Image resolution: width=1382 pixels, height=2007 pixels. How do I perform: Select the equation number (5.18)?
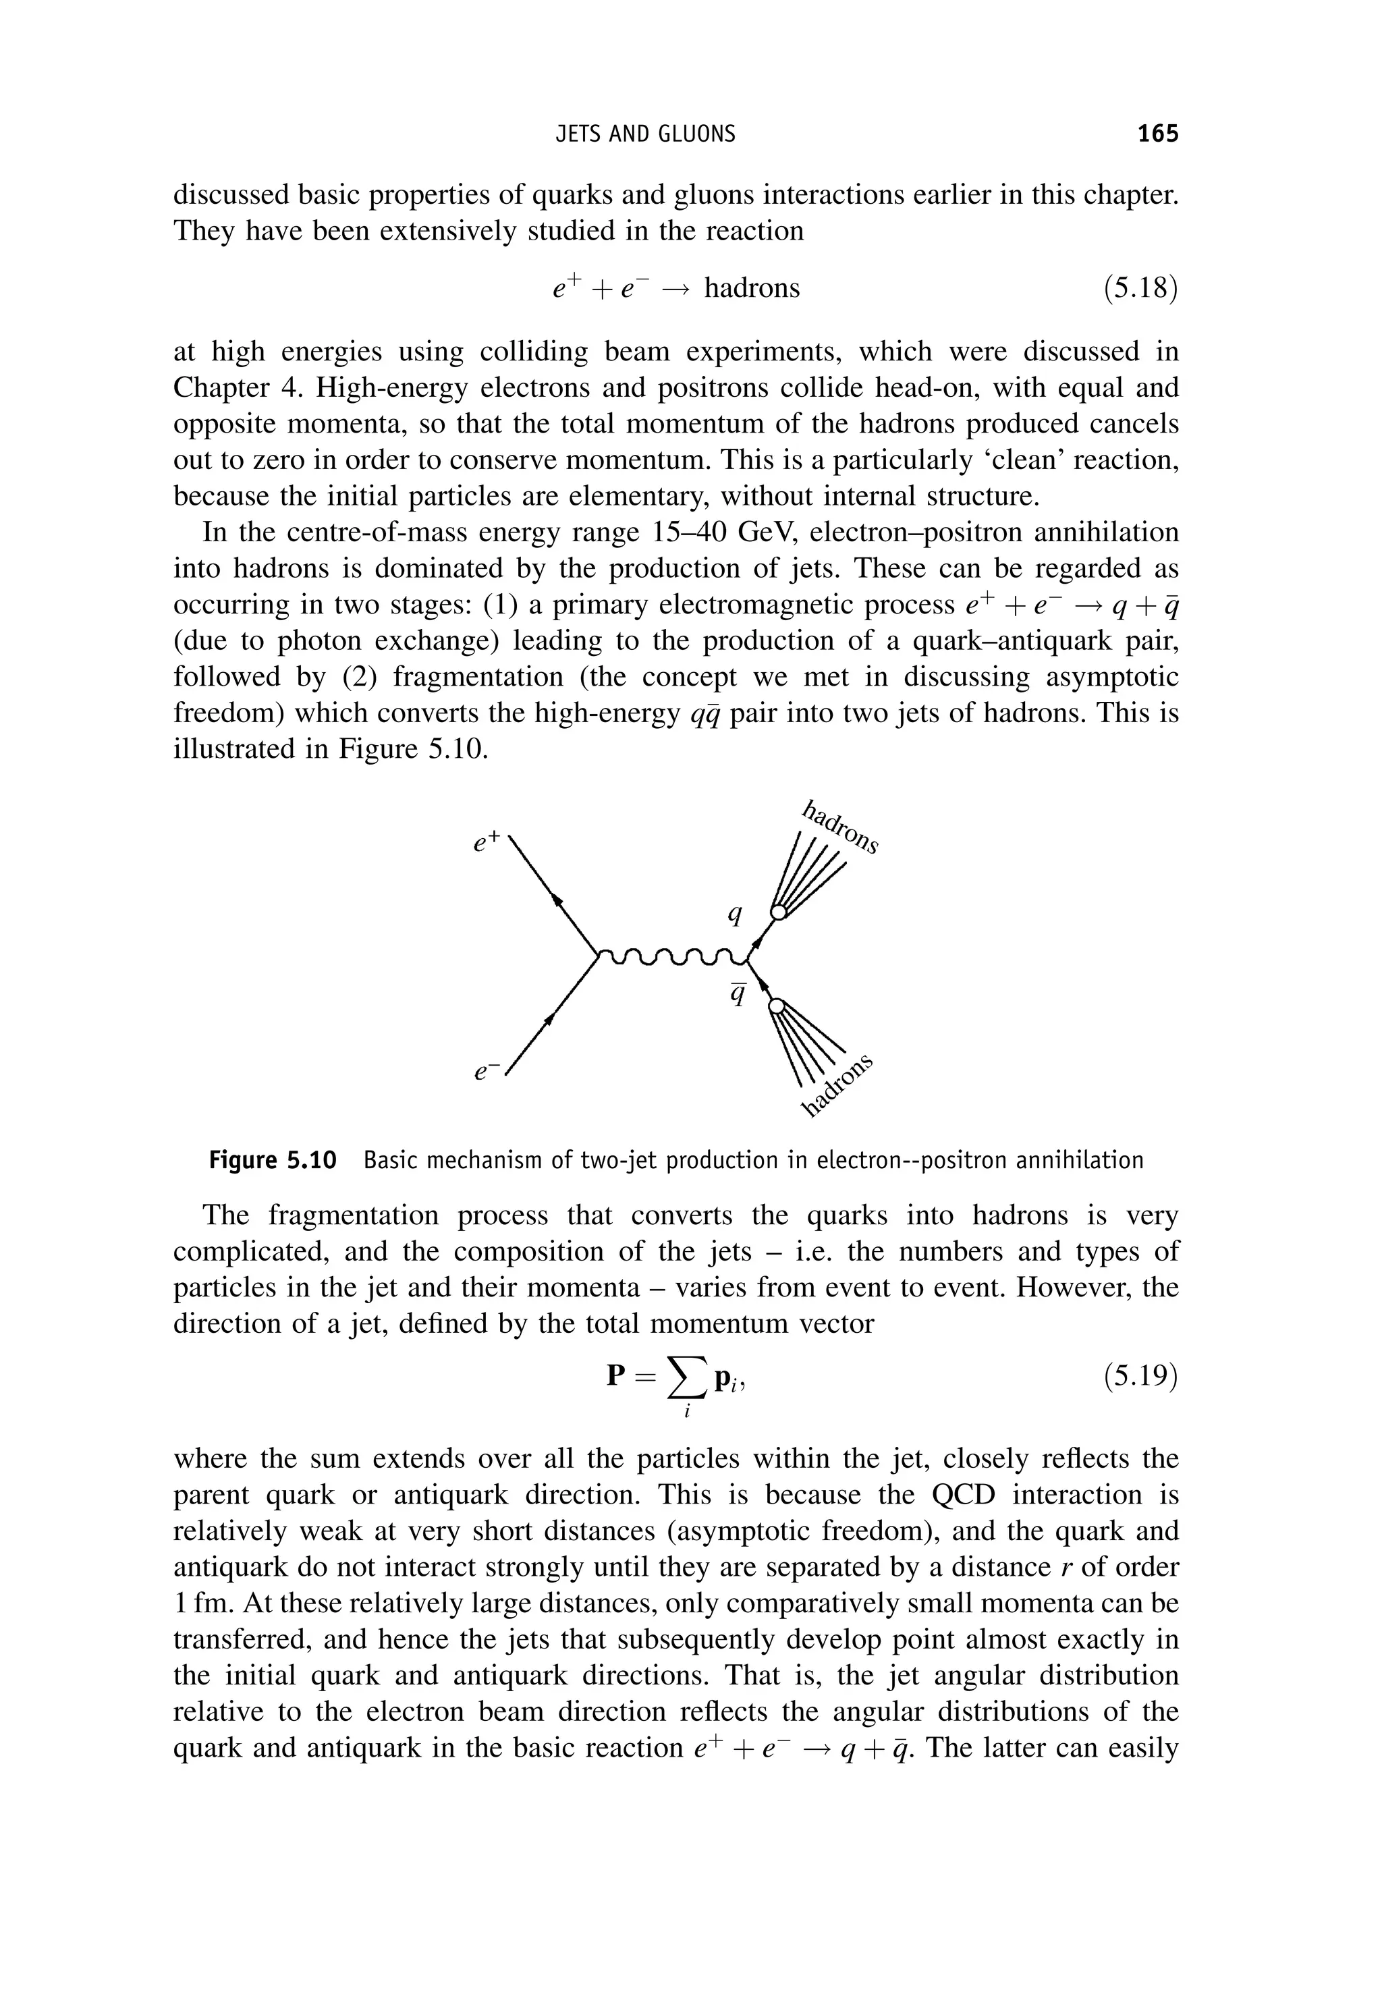[1140, 287]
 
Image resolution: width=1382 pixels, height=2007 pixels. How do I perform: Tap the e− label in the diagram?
[484, 1072]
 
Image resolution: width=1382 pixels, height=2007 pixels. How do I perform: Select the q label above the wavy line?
[735, 914]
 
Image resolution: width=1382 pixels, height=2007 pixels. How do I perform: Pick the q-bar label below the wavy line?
[738, 995]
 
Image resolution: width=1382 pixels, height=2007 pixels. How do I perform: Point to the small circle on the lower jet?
[777, 1006]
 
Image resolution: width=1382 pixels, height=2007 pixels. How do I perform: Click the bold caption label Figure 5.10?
[272, 1160]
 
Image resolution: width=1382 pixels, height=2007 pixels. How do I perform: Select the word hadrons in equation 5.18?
[752, 287]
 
